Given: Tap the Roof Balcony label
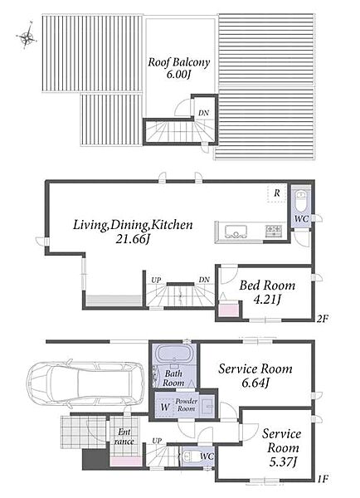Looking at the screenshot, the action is [x=178, y=61].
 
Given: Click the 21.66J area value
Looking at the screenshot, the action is [x=133, y=239].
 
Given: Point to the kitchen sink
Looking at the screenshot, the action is [x=236, y=231].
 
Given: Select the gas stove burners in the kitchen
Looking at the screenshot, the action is [x=274, y=230].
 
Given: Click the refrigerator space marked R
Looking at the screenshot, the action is [x=277, y=193].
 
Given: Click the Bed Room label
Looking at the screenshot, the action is [x=267, y=285].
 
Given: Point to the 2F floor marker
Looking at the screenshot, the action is [x=322, y=318].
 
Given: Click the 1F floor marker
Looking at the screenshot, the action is [x=322, y=478].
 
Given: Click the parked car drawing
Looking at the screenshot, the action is [x=85, y=384].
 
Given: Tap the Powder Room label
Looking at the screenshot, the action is [x=187, y=405].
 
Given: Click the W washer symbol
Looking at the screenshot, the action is [x=164, y=407].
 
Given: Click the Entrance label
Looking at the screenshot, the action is [x=124, y=437].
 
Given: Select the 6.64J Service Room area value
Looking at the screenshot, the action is [x=255, y=383].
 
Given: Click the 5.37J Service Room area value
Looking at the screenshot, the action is [x=283, y=461].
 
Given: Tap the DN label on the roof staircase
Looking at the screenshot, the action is [x=203, y=113].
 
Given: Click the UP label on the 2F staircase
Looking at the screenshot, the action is [x=156, y=280].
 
